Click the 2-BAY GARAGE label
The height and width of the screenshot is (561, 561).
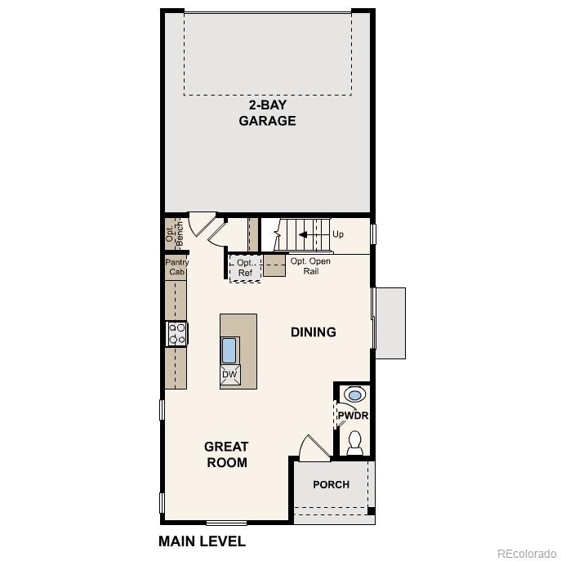click(x=267, y=113)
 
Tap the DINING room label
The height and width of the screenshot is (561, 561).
click(x=314, y=332)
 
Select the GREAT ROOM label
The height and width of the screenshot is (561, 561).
click(x=226, y=454)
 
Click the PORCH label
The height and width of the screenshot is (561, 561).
click(x=331, y=484)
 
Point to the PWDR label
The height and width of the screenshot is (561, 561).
click(x=354, y=416)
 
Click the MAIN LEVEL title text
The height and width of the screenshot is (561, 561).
click(x=202, y=541)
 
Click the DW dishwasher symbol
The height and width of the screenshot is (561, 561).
click(x=229, y=374)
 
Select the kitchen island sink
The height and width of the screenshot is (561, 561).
click(x=229, y=350)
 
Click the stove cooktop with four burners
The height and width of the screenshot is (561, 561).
click(x=176, y=333)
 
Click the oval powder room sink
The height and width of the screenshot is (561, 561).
click(x=354, y=395)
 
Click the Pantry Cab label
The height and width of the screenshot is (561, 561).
click(x=176, y=267)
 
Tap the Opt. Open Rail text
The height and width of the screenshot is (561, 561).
click(x=311, y=265)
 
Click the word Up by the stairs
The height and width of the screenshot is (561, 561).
click(x=338, y=234)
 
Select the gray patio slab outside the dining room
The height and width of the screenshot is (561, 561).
click(x=390, y=323)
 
